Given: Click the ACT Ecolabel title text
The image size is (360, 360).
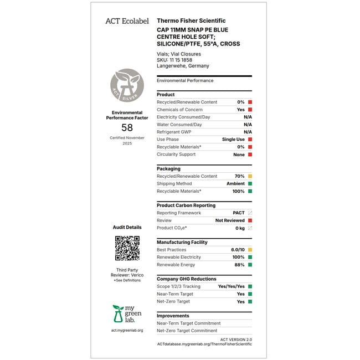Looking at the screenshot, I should coord(127,21).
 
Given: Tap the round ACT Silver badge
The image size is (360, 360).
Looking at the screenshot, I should coord(127,85).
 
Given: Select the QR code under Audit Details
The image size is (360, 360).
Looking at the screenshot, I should coord(127,248).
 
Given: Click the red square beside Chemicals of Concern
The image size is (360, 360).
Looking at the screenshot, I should coord(250,110).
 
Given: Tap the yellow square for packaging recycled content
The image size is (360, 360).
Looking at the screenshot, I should coord(250,176).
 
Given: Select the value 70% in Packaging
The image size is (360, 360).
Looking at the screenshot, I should coord(239,176).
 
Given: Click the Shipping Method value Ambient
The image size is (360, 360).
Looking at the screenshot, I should coord(235,183).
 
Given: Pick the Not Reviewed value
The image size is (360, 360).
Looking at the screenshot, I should coord(230,220).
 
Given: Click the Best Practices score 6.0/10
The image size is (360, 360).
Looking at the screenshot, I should coord(238,250).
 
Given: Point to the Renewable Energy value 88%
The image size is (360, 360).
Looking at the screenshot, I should coord(239,265).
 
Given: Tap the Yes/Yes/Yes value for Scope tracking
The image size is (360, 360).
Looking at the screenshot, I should coord(232,286).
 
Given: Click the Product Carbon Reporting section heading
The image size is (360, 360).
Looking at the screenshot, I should coord(186,205).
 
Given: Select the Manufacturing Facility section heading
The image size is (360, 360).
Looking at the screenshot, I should coord(182,242).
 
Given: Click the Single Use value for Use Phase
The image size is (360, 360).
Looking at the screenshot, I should coord(233,140).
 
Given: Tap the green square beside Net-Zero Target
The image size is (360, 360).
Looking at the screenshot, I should coord(250,301).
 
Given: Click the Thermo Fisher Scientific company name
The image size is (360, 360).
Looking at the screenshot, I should coord(191,20).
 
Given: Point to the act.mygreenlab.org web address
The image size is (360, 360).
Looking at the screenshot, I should coord(127,331).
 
